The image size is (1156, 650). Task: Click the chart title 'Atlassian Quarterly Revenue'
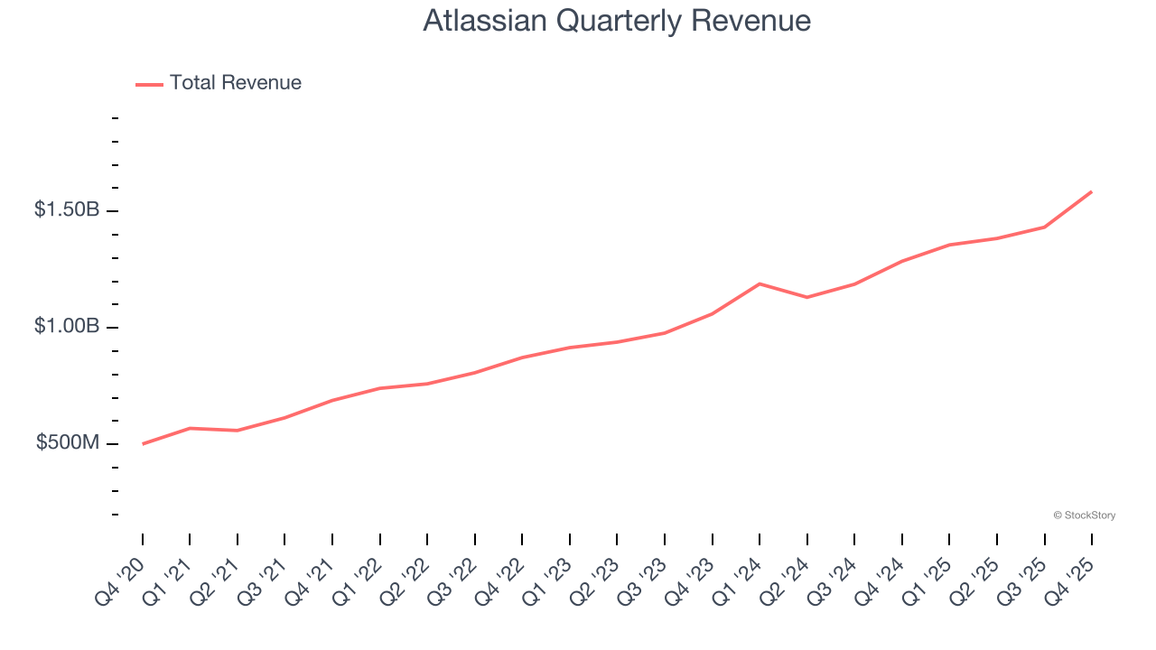(x=616, y=21)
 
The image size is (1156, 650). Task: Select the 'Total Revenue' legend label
(x=235, y=83)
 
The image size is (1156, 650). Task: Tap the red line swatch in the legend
(x=149, y=84)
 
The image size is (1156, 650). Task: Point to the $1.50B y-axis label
(x=67, y=210)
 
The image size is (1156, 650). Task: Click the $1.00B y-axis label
(x=67, y=327)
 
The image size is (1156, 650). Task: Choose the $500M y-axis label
(x=68, y=443)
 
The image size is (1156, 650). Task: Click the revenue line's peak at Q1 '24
(x=760, y=283)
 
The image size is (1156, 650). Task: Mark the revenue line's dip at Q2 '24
(x=806, y=297)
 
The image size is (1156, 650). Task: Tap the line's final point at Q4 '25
(x=1091, y=191)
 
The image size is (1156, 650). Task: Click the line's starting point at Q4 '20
(x=143, y=443)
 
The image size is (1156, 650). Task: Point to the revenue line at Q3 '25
(x=1044, y=227)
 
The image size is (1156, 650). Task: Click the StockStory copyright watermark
(x=1084, y=515)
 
